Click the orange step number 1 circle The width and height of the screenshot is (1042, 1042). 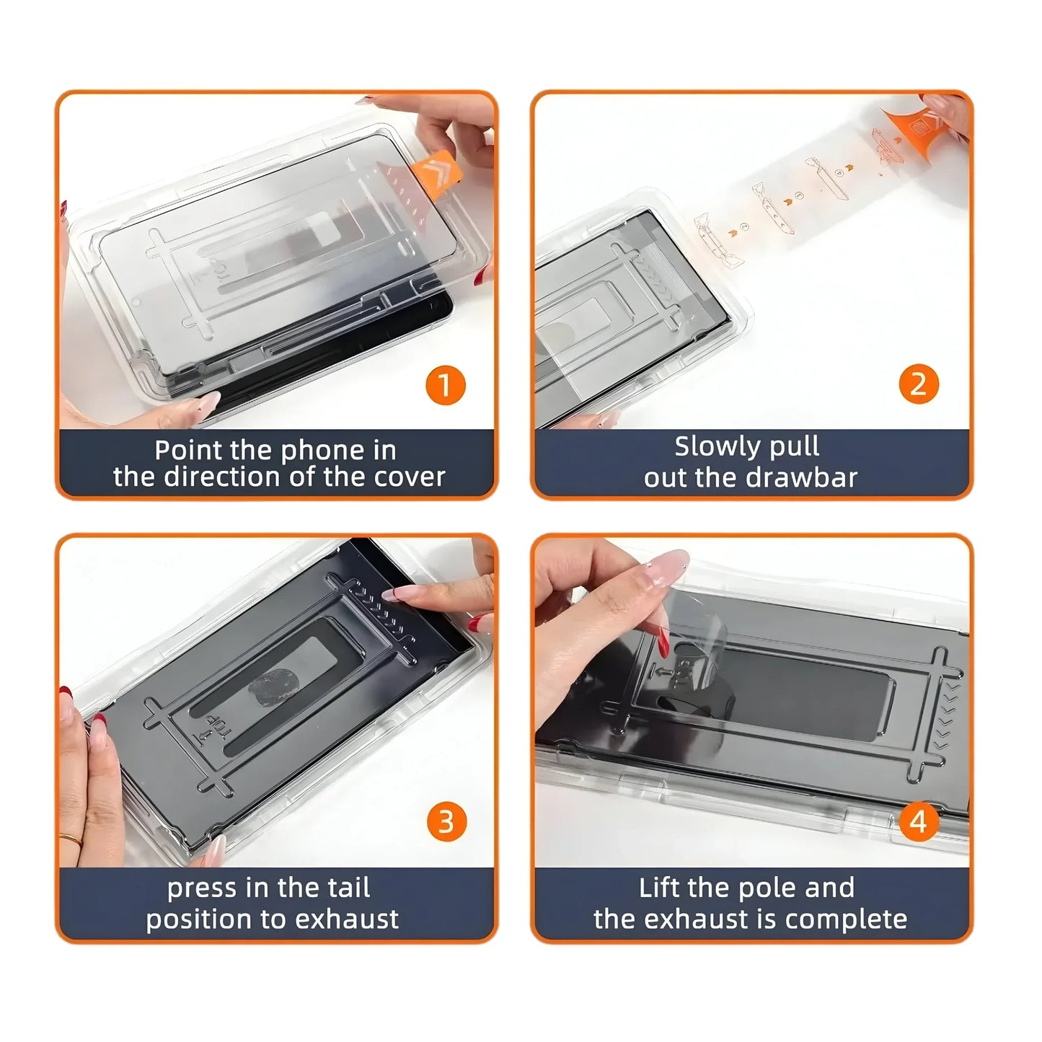(x=445, y=385)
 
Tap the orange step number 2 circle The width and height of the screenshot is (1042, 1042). (x=919, y=384)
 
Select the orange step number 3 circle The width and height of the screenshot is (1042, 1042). (x=446, y=821)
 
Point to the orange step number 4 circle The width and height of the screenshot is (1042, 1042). (x=918, y=821)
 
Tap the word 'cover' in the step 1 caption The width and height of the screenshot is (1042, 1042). (x=412, y=477)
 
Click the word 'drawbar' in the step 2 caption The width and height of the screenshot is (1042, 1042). (x=813, y=477)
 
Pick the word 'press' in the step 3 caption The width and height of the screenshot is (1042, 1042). (x=202, y=888)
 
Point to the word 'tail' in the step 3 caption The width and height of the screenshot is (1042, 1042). (x=348, y=888)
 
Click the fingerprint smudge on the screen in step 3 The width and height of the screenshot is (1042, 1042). (x=269, y=691)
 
